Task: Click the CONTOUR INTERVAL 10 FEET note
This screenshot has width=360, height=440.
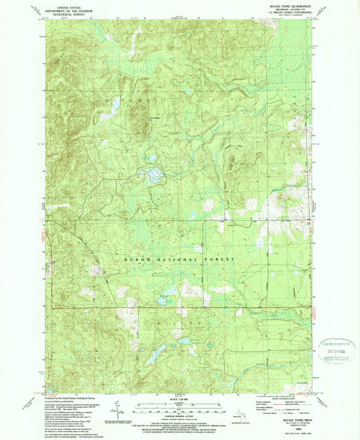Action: [179, 415]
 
